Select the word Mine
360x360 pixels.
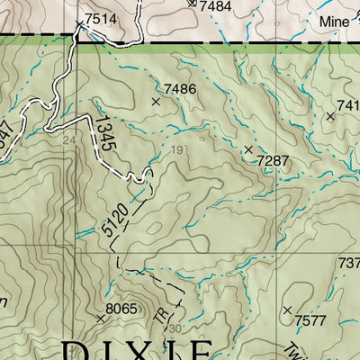[x=337, y=20]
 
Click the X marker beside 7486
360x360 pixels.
[x=156, y=102]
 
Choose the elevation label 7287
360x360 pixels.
[x=273, y=160]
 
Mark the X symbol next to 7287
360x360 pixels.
[x=248, y=148]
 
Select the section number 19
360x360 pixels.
[x=177, y=149]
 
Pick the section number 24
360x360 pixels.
[x=68, y=140]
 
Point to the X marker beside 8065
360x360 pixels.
[x=100, y=319]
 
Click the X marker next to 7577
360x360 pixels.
[x=287, y=310]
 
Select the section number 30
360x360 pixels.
[x=174, y=328]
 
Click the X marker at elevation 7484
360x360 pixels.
[x=191, y=3]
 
